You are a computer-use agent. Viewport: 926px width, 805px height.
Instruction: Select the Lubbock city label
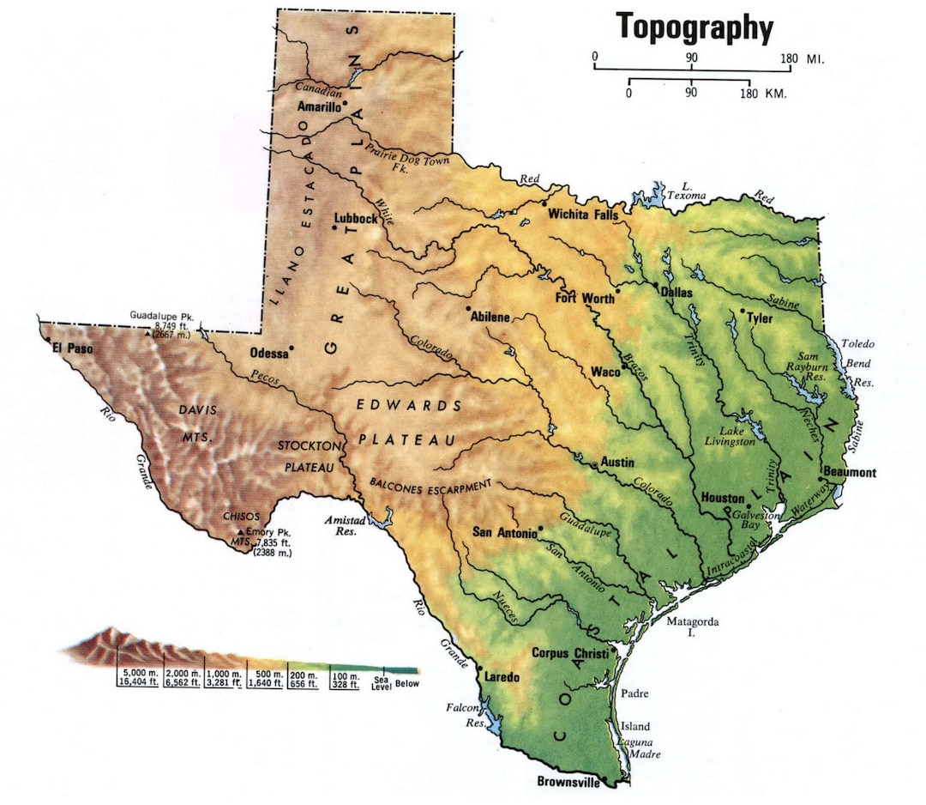(356, 219)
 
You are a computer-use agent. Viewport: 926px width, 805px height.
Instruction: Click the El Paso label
(72, 348)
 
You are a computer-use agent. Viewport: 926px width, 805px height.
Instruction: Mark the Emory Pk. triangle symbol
(239, 532)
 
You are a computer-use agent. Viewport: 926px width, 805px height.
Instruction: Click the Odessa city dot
(292, 348)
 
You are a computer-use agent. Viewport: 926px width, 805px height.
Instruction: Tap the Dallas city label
(676, 292)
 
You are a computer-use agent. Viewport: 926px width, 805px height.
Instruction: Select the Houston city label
(722, 498)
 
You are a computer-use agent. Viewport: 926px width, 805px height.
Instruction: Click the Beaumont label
(849, 472)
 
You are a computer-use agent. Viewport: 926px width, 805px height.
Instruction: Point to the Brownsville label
(568, 782)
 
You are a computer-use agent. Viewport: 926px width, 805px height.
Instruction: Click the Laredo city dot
(479, 669)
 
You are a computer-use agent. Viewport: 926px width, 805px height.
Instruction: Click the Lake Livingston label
(737, 436)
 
